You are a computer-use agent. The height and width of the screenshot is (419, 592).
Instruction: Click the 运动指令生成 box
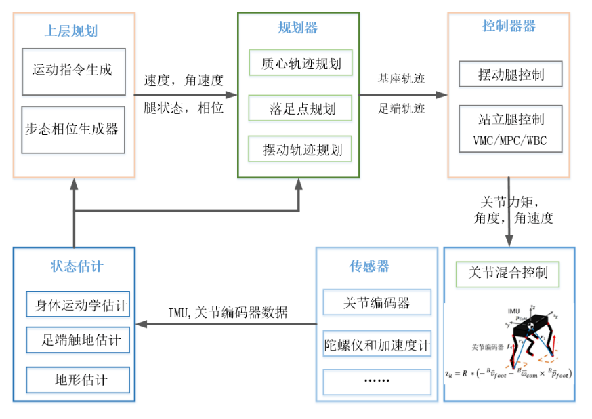pyautogui.click(x=73, y=71)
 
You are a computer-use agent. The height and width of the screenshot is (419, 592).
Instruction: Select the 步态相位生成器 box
pyautogui.click(x=73, y=129)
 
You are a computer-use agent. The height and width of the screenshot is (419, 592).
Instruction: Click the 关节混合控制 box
pyautogui.click(x=509, y=274)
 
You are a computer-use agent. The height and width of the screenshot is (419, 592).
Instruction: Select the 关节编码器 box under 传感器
pyautogui.click(x=377, y=303)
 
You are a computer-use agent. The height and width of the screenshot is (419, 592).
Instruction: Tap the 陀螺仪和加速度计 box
pyautogui.click(x=377, y=344)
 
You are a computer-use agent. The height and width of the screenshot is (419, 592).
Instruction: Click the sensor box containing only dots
pyautogui.click(x=377, y=381)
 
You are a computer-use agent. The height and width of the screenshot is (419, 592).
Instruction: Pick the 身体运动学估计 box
pyautogui.click(x=78, y=305)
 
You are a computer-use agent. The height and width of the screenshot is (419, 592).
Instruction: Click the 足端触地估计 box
pyautogui.click(x=78, y=340)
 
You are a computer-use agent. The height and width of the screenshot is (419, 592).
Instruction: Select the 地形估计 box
pyautogui.click(x=78, y=380)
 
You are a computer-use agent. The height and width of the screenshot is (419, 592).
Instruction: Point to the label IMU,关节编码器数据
pyautogui.click(x=228, y=313)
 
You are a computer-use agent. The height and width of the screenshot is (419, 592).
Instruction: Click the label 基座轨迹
pyautogui.click(x=401, y=79)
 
